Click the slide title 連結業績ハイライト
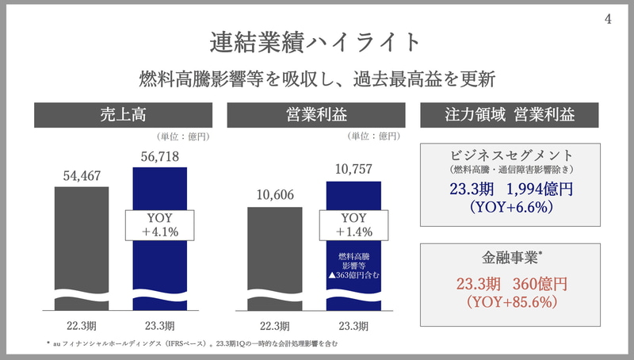click(x=317, y=40)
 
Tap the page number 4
click(x=608, y=21)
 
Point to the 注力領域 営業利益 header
click(x=510, y=115)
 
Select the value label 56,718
click(x=159, y=156)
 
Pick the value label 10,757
click(x=353, y=170)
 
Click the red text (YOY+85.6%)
click(x=510, y=302)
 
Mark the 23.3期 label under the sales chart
click(x=159, y=326)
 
